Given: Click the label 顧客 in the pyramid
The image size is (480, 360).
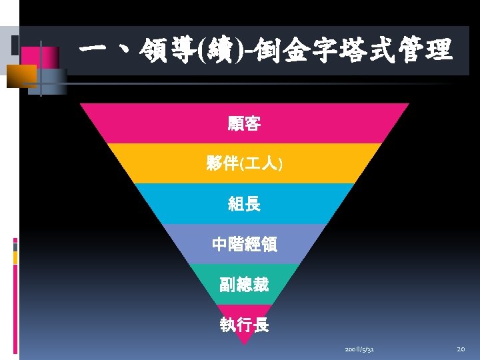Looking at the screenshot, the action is tap(244, 123).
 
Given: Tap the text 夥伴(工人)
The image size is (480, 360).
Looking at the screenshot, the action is tap(244, 164).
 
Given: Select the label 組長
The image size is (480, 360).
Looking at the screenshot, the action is tap(244, 205).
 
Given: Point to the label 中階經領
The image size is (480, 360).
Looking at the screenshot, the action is tap(244, 245).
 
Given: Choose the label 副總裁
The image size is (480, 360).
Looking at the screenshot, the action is tap(244, 285).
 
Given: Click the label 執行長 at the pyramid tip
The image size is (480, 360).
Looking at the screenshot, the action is tap(244, 325).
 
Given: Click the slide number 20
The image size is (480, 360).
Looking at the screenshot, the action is tap(461, 349).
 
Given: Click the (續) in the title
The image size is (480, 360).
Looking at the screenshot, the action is tap(222, 51).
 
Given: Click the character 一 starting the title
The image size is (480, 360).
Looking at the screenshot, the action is tap(93, 51).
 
